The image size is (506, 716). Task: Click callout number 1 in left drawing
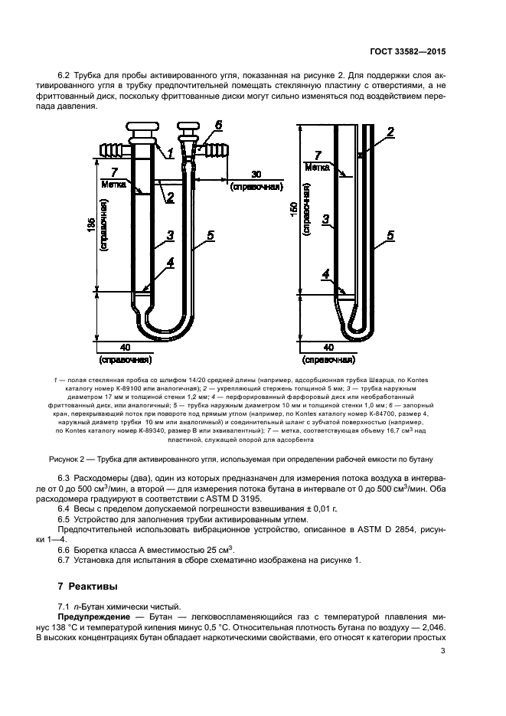click(x=170, y=152)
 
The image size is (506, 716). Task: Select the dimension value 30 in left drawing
click(x=256, y=175)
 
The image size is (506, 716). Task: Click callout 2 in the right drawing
click(x=390, y=132)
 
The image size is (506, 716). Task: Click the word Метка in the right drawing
click(x=316, y=165)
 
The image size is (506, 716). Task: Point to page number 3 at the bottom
click(x=443, y=652)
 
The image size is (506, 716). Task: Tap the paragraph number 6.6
click(x=67, y=549)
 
